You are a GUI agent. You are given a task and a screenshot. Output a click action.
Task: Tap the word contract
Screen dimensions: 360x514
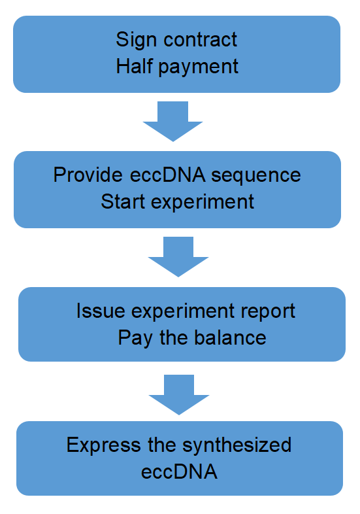200,40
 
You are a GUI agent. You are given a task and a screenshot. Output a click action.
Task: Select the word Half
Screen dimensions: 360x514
135,66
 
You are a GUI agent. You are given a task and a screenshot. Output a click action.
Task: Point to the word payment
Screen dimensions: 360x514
199,68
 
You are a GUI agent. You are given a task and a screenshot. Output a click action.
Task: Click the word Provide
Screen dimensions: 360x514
88,175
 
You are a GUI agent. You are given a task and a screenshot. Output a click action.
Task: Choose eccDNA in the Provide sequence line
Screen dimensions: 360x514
168,175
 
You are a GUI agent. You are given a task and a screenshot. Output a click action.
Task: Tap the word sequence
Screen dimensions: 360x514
256,177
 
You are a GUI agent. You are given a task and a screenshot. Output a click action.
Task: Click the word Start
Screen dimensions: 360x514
123,201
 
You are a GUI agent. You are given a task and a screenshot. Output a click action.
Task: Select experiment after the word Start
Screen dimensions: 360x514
203,203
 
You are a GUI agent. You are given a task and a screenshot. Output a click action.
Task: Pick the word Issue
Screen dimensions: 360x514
101,311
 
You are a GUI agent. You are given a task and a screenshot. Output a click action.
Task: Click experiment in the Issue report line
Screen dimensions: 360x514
183,312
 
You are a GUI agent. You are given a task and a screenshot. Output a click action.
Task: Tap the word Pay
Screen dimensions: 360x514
135,339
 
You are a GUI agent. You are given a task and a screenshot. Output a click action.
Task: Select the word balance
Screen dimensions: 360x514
230,337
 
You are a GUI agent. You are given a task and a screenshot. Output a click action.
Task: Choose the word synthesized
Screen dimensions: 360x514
237,447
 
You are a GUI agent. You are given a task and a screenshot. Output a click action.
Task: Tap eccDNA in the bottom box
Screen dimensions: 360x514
179,472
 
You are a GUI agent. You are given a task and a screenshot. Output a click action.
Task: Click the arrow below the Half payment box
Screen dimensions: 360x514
173,121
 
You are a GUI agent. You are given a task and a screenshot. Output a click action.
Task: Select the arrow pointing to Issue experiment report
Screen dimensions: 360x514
178,256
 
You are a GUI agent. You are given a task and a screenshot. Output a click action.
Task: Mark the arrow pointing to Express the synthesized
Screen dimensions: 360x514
179,395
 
